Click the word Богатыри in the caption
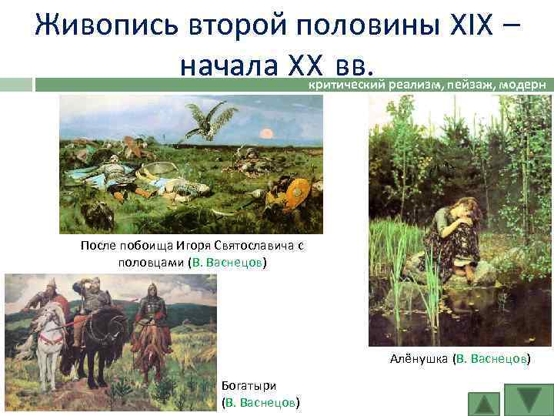248,385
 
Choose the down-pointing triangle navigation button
529,399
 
